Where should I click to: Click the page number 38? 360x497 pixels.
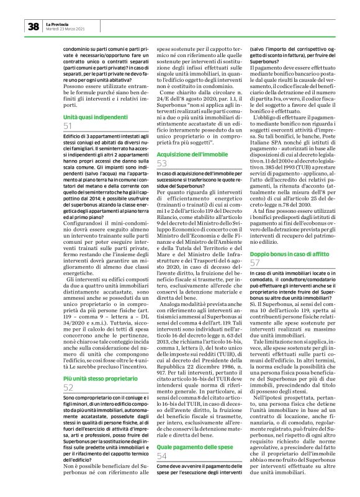pos(33,26)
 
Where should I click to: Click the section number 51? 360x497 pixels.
pos(68,126)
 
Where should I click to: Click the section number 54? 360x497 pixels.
pos(162,439)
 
